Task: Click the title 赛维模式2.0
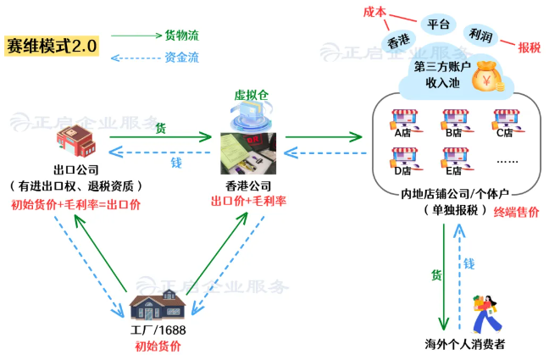(52, 46)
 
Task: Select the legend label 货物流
(181, 36)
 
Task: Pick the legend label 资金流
(181, 57)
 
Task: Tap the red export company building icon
(76, 141)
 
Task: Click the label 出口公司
(76, 170)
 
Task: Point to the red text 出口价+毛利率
(248, 201)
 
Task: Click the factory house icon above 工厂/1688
(158, 305)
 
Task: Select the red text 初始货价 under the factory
(158, 346)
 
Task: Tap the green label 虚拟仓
(252, 95)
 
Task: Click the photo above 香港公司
(248, 153)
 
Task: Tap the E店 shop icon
(456, 161)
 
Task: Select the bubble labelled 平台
(438, 25)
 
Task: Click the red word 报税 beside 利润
(529, 47)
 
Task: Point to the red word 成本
(374, 12)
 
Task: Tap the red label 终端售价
(516, 213)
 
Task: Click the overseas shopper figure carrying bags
(486, 314)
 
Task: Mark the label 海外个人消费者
(465, 344)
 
